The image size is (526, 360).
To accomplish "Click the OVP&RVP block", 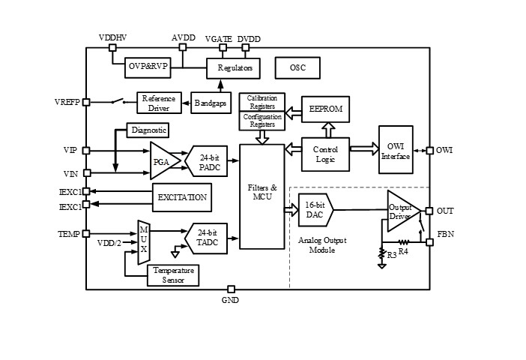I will pyautogui.click(x=148, y=67).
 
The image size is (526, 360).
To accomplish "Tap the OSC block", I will pyautogui.click(x=297, y=68).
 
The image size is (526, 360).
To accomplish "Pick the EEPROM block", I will pyautogui.click(x=325, y=109).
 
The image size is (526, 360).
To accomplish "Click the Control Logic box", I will pyautogui.click(x=325, y=154).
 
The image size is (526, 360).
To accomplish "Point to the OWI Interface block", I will pyautogui.click(x=396, y=150).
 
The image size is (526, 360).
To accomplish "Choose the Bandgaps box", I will pyautogui.click(x=210, y=103).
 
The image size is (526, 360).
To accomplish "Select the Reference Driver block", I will pyautogui.click(x=158, y=103).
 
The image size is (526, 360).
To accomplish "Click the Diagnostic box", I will pyautogui.click(x=148, y=130).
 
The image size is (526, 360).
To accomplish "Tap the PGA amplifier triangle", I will pyautogui.click(x=163, y=160).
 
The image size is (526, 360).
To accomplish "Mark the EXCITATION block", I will pyautogui.click(x=181, y=197).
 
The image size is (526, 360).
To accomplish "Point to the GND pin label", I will pyautogui.click(x=230, y=301).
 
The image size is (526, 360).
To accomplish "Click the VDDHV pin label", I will pyautogui.click(x=112, y=37).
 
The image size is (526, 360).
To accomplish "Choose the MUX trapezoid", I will pyautogui.click(x=144, y=242).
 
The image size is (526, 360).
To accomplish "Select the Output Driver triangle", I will pyautogui.click(x=400, y=211).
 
